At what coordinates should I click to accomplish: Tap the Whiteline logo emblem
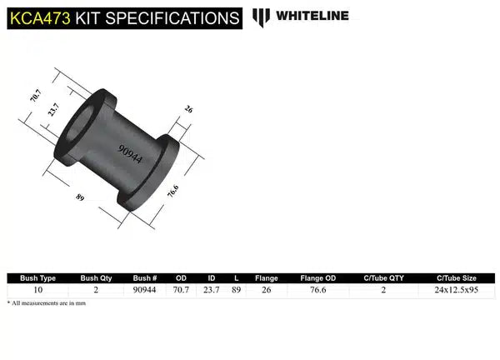[x=262, y=17]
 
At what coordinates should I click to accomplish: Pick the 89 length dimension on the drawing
[x=81, y=197]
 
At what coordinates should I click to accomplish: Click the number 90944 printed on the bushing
[x=129, y=155]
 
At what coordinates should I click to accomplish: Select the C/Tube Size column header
[x=457, y=278]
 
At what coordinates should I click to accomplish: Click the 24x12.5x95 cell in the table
[x=457, y=291]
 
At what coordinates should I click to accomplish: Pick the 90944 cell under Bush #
[x=145, y=291]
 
